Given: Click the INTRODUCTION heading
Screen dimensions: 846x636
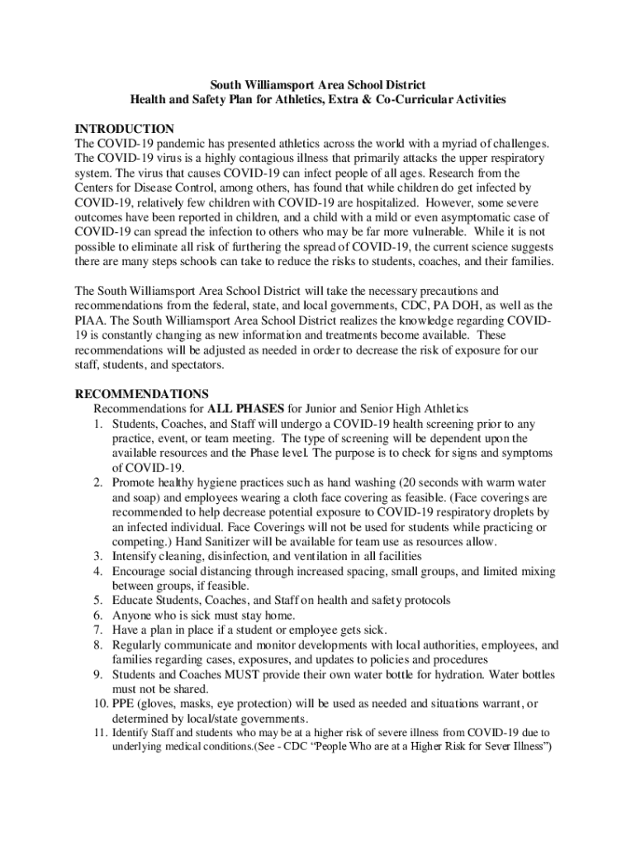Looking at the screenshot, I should click(x=124, y=129).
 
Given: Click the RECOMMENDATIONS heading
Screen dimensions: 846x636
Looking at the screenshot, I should click(x=141, y=393).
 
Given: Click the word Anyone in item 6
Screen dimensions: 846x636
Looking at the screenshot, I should click(x=132, y=615).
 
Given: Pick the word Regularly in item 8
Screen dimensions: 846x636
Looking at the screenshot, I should click(x=140, y=645).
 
